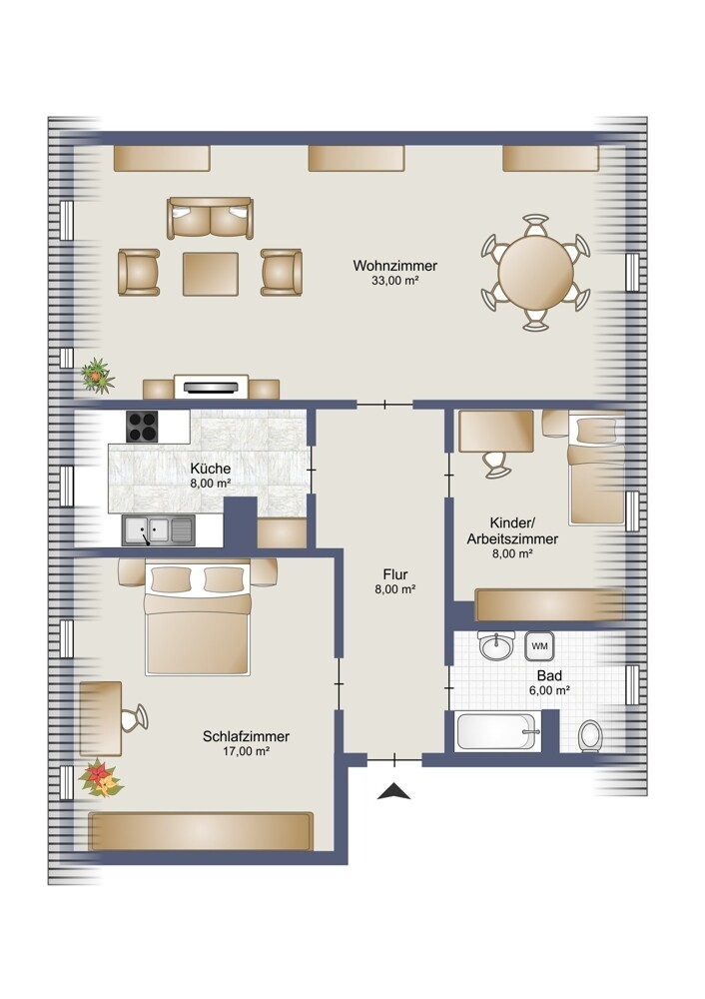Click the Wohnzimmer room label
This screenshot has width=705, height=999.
(394, 265)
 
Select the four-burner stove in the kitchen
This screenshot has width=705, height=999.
(142, 427)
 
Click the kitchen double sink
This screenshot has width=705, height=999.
(158, 530)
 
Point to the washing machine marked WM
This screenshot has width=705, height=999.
(539, 646)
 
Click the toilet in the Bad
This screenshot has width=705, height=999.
(590, 736)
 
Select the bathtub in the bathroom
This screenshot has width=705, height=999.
(496, 731)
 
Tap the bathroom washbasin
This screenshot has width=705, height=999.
(496, 646)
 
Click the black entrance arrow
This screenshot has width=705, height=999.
(393, 790)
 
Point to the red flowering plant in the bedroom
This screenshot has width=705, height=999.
(100, 778)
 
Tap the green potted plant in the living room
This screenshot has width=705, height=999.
(97, 375)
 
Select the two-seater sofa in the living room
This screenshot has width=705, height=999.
(210, 218)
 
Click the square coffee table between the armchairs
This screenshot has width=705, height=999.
(211, 274)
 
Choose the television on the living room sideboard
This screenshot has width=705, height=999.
(211, 386)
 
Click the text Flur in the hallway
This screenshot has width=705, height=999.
(395, 574)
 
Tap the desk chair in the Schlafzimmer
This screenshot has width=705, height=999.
(135, 718)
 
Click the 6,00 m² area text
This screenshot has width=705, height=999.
(549, 690)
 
